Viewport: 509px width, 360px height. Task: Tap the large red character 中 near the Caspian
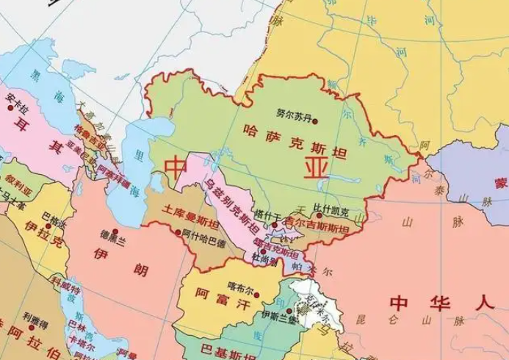(177, 168)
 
